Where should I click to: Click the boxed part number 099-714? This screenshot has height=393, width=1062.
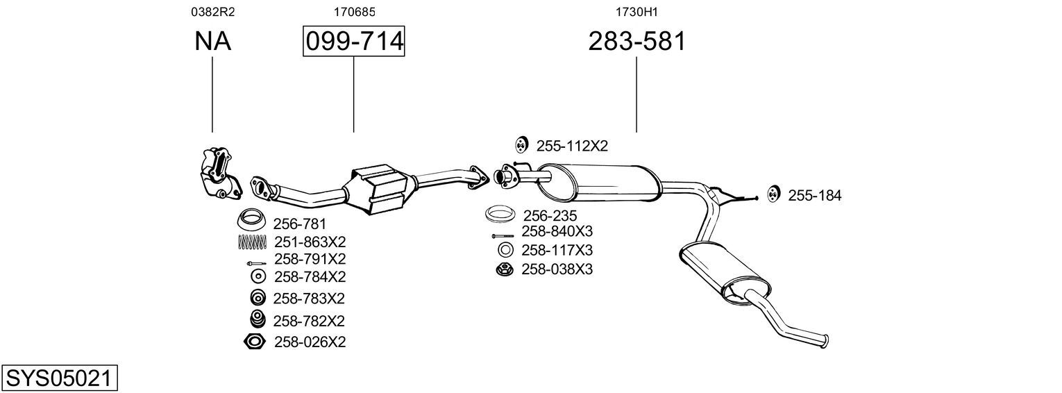354,41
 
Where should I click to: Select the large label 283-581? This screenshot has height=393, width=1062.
637,41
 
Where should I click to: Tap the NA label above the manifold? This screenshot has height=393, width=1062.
212,41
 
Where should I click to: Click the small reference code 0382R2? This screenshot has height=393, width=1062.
213,12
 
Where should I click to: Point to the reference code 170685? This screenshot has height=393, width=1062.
354,12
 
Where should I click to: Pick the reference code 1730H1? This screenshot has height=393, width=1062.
637,12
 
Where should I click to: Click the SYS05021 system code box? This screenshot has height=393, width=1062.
59,378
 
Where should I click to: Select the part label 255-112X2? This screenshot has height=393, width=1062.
572,146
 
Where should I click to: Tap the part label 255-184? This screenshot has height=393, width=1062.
814,195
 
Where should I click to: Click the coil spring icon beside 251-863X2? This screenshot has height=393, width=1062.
252,242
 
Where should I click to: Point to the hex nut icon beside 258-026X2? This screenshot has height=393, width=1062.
254,342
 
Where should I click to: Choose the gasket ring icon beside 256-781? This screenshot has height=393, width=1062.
251,219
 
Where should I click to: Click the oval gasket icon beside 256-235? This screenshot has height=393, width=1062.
500,213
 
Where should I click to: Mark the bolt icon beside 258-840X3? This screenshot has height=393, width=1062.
503,235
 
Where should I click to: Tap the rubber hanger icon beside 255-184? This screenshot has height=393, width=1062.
773,194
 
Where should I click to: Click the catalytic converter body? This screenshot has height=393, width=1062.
378,190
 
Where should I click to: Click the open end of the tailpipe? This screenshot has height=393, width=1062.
826,342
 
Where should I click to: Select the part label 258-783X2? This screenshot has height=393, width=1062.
309,299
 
